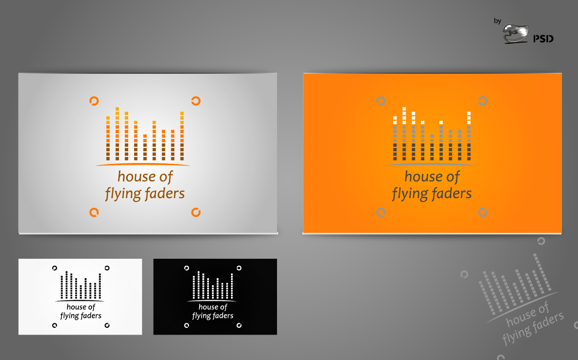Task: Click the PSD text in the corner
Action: [543, 39]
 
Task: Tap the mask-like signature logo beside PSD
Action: [515, 34]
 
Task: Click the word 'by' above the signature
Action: [498, 21]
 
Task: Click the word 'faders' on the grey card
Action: [164, 193]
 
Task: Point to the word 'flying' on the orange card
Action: [409, 194]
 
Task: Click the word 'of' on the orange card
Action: [453, 177]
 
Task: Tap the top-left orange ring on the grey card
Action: [94, 101]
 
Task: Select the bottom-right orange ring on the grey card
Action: [196, 212]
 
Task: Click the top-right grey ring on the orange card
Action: [483, 101]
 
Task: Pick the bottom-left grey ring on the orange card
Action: [381, 212]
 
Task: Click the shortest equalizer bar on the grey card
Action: [145, 147]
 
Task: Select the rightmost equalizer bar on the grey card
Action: [182, 136]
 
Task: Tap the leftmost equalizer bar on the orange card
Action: [395, 138]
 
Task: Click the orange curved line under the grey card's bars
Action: [143, 164]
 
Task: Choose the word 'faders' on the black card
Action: [223, 315]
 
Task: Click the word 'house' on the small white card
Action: [76, 307]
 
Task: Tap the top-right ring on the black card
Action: [239, 268]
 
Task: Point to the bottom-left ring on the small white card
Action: [54, 325]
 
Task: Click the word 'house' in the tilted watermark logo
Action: [520, 317]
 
